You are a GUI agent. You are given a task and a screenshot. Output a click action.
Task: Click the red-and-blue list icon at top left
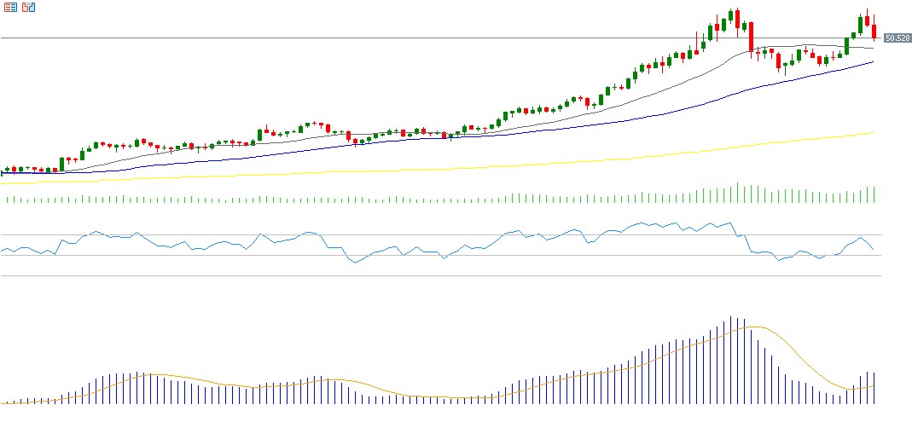click(11, 8)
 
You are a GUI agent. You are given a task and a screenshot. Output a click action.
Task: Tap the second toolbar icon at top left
click(28, 8)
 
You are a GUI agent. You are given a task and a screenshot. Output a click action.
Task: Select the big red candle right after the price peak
click(751, 38)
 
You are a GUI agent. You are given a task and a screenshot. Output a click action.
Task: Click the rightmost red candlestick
click(874, 31)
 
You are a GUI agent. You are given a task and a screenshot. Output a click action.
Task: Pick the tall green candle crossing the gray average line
click(846, 45)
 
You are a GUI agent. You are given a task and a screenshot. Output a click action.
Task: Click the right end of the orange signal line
click(874, 386)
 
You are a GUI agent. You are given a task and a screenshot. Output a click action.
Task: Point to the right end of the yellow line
click(873, 132)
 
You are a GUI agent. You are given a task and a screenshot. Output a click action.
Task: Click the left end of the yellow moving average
click(3, 182)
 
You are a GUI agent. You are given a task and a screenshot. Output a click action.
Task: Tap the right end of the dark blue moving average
click(873, 62)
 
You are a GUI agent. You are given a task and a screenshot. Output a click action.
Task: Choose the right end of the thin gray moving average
click(873, 49)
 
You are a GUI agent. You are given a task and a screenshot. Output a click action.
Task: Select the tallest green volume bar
click(737, 193)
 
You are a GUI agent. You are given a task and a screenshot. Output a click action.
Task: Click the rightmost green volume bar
click(874, 195)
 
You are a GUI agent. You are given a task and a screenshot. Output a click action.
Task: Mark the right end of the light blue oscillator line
click(873, 249)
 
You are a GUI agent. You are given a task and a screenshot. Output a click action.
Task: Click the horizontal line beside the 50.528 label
click(427, 38)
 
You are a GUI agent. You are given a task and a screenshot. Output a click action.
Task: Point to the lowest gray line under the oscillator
click(427, 276)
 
